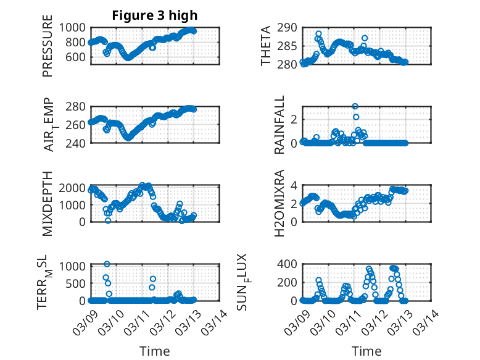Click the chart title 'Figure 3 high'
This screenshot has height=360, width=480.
155,15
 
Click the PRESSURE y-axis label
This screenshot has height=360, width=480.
48,51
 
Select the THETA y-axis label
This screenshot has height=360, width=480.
266,46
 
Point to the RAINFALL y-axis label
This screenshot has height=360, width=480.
279,125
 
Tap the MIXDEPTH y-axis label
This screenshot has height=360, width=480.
48,203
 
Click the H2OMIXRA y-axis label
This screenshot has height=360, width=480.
279,203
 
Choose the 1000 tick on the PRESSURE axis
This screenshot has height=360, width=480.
75,27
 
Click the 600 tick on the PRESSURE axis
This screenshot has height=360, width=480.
78,57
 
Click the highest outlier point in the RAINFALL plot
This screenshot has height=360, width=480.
355,106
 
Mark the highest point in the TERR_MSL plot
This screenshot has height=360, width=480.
107,264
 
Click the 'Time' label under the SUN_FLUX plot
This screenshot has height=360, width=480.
366,351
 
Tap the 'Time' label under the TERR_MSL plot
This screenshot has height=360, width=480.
155,351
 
